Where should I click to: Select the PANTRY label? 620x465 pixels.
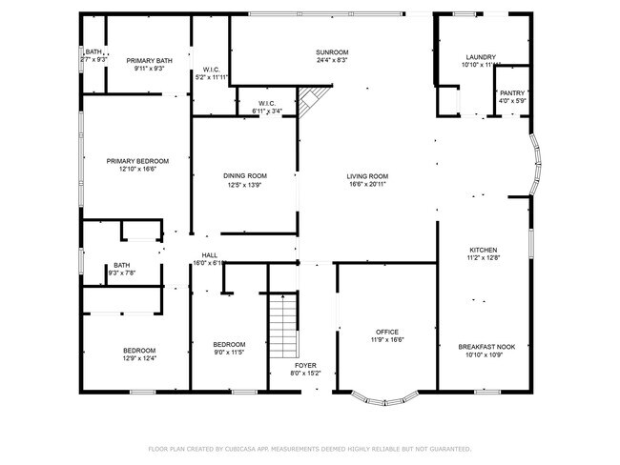point(511,93)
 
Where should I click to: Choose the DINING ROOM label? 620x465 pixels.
point(244,176)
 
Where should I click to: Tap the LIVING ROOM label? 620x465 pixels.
point(367,176)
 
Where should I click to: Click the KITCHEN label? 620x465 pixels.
point(484,250)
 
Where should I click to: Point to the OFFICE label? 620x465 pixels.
point(386,332)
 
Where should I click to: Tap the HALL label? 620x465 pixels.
point(208,255)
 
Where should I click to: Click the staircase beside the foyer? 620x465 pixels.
point(283,323)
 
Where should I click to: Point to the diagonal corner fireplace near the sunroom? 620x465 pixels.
point(309,100)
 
